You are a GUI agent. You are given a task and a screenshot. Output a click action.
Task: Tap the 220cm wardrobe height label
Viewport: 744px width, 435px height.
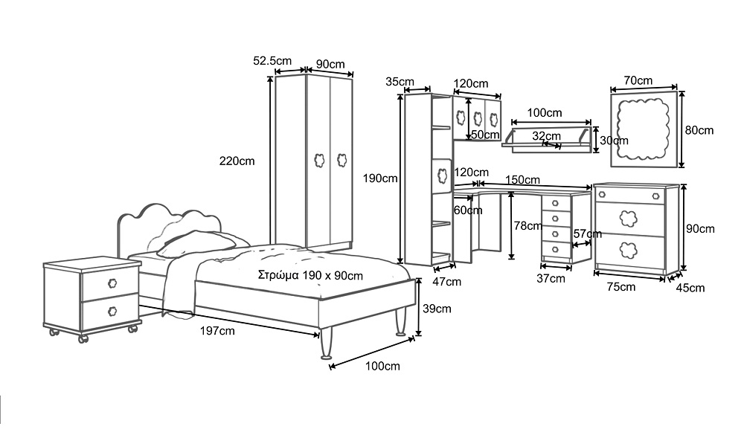tap(236, 160)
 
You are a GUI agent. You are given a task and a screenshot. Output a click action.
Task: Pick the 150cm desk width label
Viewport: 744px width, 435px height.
tap(522, 180)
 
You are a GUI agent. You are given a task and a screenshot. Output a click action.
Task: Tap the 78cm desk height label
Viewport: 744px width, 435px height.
tap(527, 225)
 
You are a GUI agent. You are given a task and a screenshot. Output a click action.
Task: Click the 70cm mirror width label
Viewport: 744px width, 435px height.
tap(638, 80)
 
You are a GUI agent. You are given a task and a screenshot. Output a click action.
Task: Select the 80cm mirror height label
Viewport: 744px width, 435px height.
tap(699, 130)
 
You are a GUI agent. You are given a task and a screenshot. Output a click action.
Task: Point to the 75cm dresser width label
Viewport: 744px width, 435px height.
tap(621, 286)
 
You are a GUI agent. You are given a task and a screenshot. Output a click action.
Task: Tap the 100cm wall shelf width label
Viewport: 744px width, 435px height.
tap(545, 113)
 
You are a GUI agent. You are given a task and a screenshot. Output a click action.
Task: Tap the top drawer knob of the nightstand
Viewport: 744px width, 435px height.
tap(113, 283)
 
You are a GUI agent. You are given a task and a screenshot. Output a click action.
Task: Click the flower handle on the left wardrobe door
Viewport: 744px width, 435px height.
tap(319, 159)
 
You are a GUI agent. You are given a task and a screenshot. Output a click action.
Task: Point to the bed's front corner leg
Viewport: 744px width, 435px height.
tap(326, 347)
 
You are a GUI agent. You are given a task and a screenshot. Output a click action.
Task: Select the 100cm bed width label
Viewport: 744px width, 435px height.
tap(384, 366)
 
